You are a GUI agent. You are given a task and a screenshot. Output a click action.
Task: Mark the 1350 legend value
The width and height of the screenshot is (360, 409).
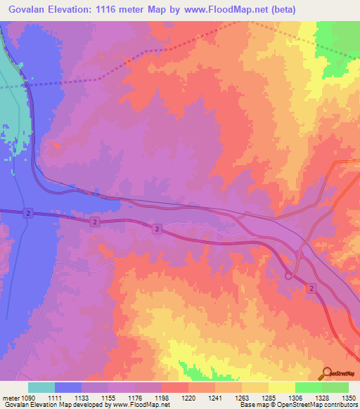pos(349,398)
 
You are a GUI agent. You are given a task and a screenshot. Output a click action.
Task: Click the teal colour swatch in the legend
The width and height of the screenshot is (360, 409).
pos(41,387)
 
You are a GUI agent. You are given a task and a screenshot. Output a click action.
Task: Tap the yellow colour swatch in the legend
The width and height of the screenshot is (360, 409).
pos(281,387)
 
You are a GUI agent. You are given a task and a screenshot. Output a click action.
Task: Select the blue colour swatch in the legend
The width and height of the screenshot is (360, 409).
pos(68,387)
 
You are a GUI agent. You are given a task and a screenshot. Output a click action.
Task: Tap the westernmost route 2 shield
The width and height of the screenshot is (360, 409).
pos(28,212)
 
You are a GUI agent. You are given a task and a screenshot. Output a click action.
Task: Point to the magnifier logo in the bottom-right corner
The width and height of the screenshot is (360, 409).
pos(327,373)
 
